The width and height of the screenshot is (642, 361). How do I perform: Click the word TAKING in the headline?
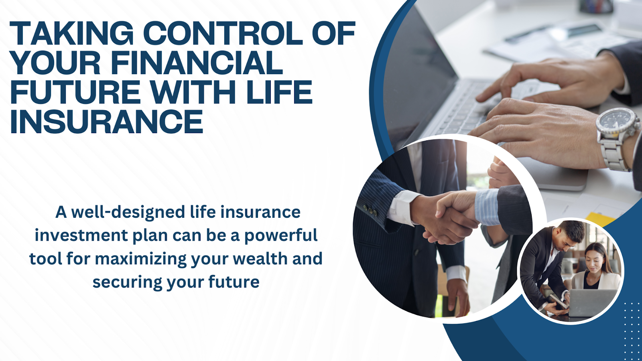(x=71, y=33)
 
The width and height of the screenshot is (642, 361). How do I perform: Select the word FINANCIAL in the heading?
(x=197, y=63)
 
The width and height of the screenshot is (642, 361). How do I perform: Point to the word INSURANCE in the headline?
(x=106, y=122)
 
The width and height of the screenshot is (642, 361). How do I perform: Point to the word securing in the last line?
(x=127, y=283)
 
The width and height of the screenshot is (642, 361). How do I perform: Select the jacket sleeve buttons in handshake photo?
(x=369, y=209)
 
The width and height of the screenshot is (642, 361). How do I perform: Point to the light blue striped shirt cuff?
(x=487, y=207)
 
